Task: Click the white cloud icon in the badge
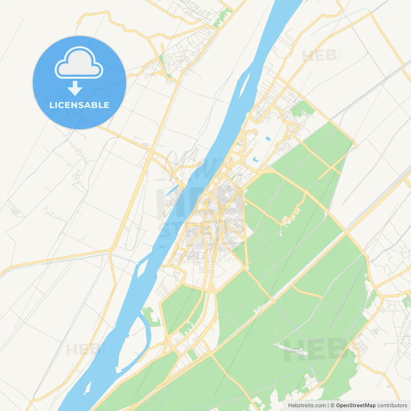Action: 79,63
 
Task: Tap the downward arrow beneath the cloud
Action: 75,88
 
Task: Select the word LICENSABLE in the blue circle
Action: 79,105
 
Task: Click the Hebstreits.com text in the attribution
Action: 307,406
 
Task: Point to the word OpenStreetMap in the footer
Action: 355,406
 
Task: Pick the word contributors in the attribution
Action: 392,406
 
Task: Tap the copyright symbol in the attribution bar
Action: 332,406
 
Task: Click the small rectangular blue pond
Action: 268,138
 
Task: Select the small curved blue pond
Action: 256,159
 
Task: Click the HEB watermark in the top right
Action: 319,56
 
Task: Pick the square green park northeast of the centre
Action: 302,109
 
